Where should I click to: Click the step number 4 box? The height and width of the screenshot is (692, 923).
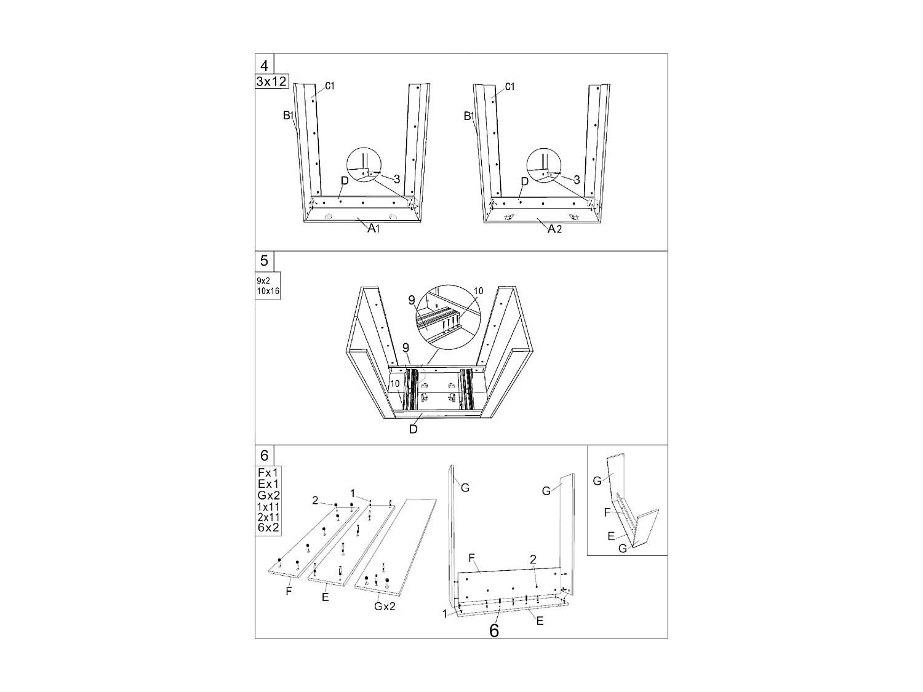(264, 64)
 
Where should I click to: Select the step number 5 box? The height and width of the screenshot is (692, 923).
(264, 261)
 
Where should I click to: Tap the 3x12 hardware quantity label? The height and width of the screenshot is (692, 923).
(271, 81)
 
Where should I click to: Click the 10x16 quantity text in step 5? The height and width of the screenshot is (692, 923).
(268, 291)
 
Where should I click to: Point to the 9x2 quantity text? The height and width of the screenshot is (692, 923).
(263, 280)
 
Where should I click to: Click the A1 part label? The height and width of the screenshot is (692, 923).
(374, 228)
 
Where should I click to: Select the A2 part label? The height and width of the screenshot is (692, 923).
(554, 229)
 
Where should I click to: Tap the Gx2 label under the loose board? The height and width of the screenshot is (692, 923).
(385, 606)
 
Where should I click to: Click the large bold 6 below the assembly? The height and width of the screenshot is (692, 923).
(494, 630)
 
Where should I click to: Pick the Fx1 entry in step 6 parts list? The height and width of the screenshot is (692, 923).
(268, 472)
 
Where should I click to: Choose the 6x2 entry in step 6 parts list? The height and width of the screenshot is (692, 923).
(268, 528)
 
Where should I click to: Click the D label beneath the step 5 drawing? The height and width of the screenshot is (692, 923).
(414, 429)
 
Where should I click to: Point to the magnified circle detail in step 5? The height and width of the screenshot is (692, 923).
(448, 317)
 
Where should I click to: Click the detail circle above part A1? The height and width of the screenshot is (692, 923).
(364, 165)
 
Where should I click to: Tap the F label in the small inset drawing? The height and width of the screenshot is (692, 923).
(607, 512)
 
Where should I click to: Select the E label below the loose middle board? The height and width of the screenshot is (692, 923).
(325, 597)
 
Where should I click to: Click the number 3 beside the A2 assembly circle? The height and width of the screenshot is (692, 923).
(577, 180)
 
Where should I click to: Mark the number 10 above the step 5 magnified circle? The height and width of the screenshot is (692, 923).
(479, 291)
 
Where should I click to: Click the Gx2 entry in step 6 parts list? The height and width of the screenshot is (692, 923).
(268, 495)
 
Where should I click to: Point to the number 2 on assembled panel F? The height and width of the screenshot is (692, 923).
(533, 559)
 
